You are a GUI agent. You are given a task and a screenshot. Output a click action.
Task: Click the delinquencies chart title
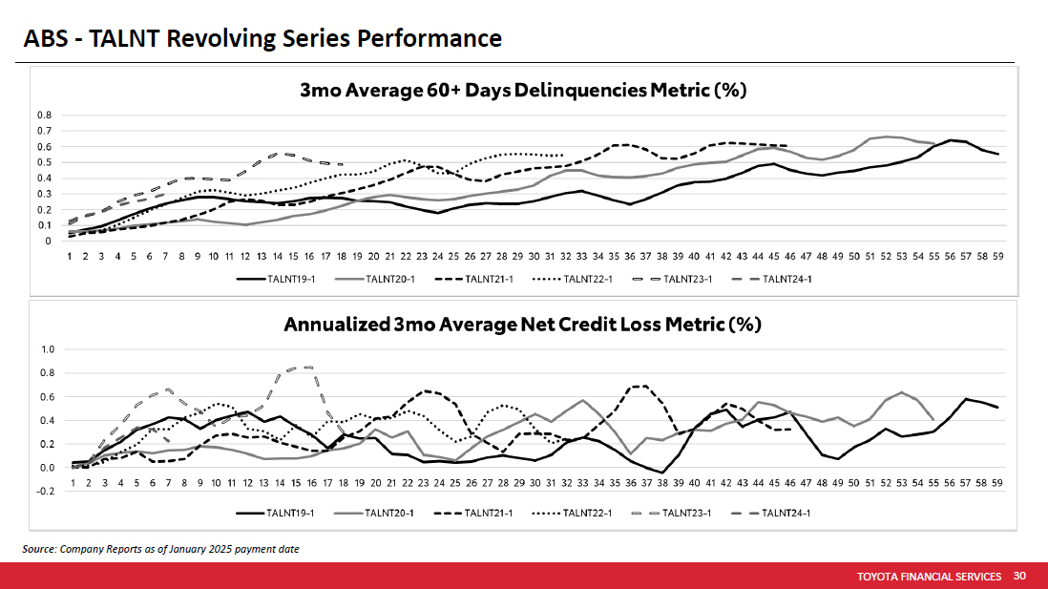click(x=522, y=91)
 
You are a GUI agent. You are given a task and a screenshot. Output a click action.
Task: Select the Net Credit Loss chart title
click(x=522, y=325)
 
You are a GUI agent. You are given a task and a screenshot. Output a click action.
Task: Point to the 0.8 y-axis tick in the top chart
click(x=44, y=116)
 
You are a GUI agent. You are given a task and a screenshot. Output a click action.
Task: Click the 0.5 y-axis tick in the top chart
click(x=44, y=162)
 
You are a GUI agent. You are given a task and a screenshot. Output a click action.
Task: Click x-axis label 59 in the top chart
click(x=997, y=257)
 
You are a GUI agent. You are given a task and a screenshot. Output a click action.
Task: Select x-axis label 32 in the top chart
click(x=567, y=257)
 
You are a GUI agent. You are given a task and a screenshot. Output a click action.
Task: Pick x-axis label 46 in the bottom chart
click(x=790, y=484)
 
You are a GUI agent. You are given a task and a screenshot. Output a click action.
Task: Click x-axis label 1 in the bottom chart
click(x=73, y=484)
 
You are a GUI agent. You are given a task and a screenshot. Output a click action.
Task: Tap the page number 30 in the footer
click(x=1019, y=576)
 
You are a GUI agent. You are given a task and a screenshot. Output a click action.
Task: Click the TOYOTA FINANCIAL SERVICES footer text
click(x=929, y=577)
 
